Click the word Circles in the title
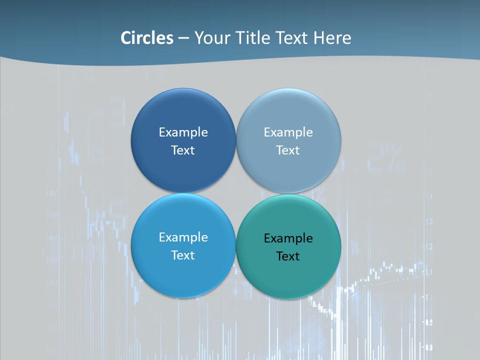coord(146,38)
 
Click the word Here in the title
coord(332,38)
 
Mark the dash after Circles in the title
coord(183,38)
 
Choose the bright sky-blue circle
coord(183,275)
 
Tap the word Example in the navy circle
coord(183,132)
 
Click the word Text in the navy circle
coord(183,150)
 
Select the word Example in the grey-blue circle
coord(288,132)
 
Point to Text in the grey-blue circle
coord(288,150)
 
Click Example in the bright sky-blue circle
coord(183,237)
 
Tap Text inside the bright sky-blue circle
coord(183,255)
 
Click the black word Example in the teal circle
coord(288,238)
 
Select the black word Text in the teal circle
coord(288,256)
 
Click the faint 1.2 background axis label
coord(428,246)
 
